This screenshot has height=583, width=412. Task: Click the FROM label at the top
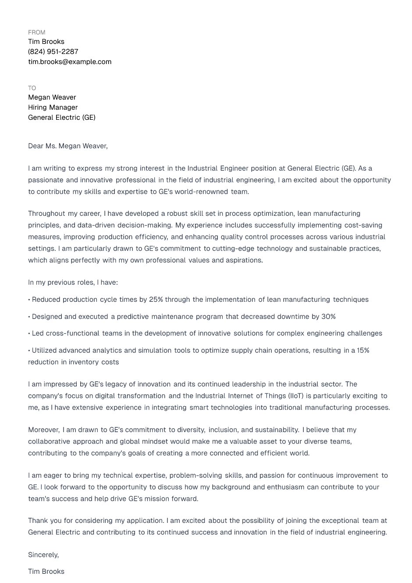coord(36,32)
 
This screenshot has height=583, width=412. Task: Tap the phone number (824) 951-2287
coord(53,52)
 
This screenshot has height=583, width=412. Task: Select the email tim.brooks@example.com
coord(70,62)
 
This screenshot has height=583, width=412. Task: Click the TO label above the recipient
coord(32,88)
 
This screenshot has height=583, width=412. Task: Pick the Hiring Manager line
coord(53,107)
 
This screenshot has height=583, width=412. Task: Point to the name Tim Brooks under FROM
coord(46,42)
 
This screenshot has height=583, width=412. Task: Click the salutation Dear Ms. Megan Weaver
coord(67,146)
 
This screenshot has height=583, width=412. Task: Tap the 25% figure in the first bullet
coord(156,300)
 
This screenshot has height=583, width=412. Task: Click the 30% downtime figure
coord(328,317)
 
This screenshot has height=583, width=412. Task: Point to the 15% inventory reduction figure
coord(363,351)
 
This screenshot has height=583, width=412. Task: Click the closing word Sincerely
coord(43,555)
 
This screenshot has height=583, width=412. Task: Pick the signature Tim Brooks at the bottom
coord(46,572)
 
